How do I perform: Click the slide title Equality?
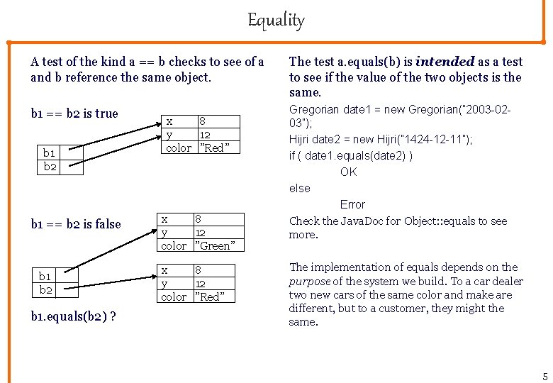276,20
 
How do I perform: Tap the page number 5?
545,377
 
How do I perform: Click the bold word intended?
444,62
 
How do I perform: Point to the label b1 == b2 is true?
74,113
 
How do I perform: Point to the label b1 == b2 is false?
76,224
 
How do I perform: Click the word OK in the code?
348,172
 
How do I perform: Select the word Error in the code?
352,204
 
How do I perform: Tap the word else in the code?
299,188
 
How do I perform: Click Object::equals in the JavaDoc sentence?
432,221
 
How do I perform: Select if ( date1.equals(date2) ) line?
351,155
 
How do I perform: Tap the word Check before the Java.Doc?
304,221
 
